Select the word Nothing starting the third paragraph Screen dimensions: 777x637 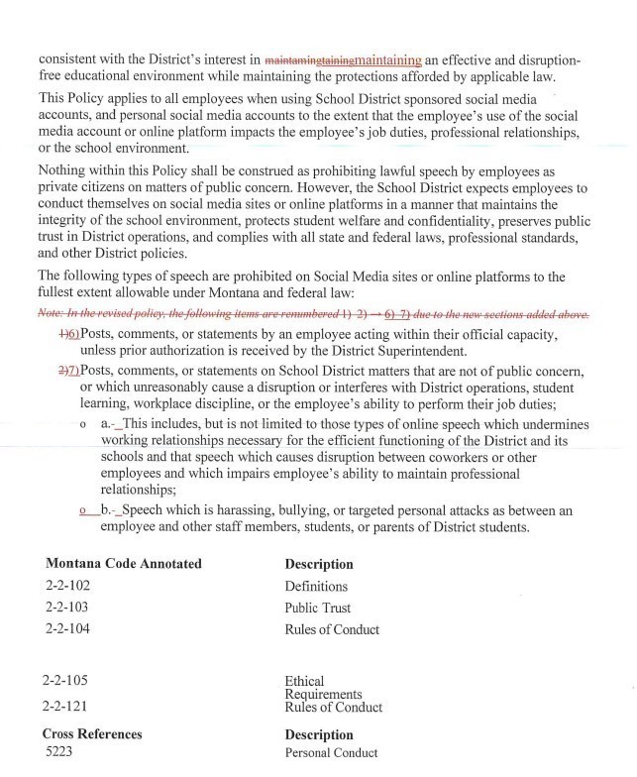pyautogui.click(x=65, y=170)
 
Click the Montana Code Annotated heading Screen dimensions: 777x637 pyautogui.click(x=124, y=564)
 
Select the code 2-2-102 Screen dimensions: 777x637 pyautogui.click(x=68, y=586)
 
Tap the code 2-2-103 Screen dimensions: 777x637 pyautogui.click(x=68, y=608)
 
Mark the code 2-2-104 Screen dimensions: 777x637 pyautogui.click(x=68, y=628)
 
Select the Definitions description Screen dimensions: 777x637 pyautogui.click(x=316, y=586)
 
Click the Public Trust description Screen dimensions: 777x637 pyautogui.click(x=318, y=608)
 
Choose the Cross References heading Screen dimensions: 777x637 pyautogui.click(x=92, y=734)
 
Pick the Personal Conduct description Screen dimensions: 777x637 pyautogui.click(x=331, y=753)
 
